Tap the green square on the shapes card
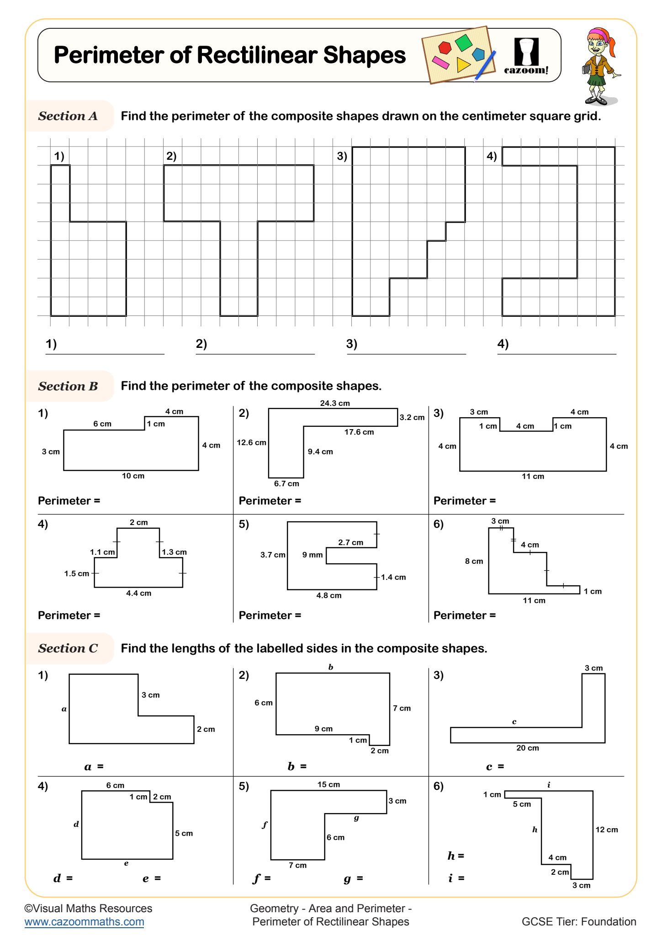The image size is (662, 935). [x=463, y=43]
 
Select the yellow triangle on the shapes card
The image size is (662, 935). [x=463, y=65]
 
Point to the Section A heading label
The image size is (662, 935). [x=68, y=116]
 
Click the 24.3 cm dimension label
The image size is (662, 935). [x=335, y=403]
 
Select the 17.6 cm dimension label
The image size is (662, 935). [x=359, y=432]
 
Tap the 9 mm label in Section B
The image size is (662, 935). [x=312, y=555]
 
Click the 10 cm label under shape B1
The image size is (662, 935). [x=133, y=476]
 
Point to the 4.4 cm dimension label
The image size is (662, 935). [x=138, y=593]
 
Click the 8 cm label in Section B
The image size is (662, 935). [x=474, y=561]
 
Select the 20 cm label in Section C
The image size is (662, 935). [x=528, y=748]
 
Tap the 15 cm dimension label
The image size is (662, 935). [x=328, y=784]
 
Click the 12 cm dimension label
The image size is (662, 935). [x=607, y=830]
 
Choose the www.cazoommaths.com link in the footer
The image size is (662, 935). [x=85, y=922]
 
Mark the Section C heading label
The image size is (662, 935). [x=68, y=648]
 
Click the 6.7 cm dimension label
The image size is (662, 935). [x=286, y=483]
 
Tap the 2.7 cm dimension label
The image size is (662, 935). [x=351, y=542]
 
